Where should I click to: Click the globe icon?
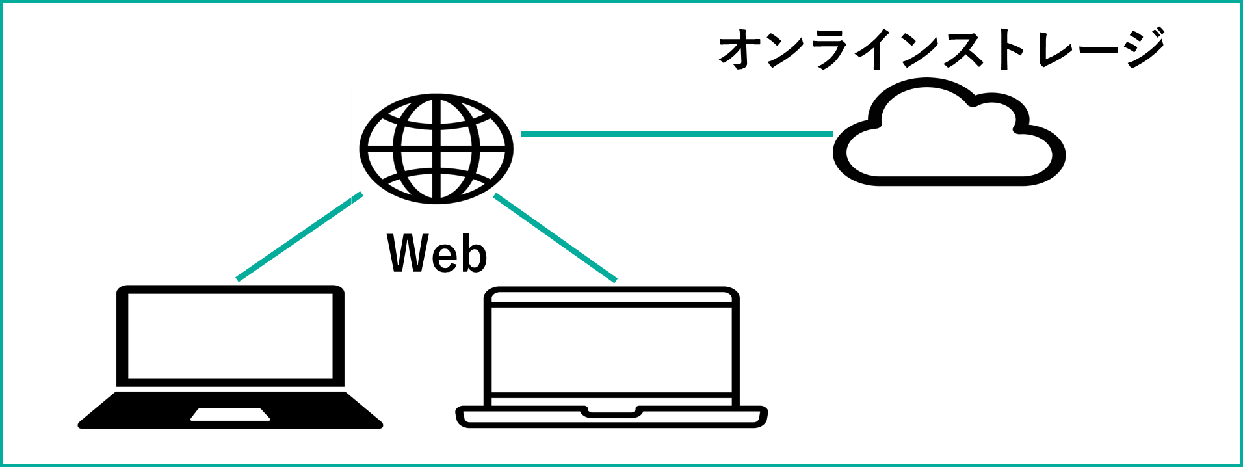click(436, 148)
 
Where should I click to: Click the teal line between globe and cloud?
click(676, 135)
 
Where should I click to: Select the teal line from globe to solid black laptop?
click(299, 237)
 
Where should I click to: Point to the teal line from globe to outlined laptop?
click(555, 237)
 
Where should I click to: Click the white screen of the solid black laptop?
click(230, 336)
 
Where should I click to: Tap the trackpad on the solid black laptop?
click(230, 414)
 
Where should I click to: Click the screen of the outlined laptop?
click(611, 350)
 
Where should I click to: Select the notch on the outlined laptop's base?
click(611, 412)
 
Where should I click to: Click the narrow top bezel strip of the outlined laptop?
click(611, 298)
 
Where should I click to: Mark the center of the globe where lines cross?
click(436, 148)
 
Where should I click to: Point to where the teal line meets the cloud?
click(833, 135)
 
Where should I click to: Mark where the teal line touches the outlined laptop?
click(614, 280)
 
